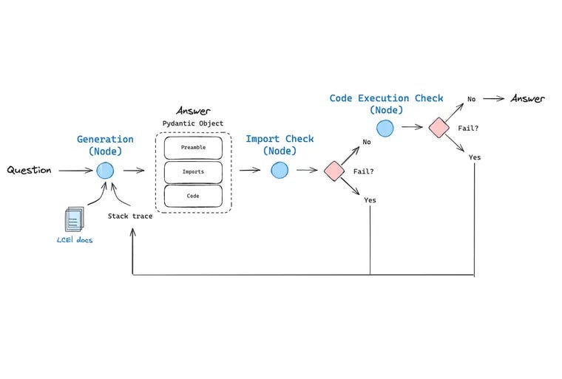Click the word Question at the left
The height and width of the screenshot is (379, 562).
(30, 171)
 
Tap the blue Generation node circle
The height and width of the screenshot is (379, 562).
(105, 171)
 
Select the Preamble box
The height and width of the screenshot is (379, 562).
(193, 147)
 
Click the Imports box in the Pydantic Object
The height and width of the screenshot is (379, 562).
(193, 171)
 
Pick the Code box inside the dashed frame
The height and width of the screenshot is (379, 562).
(193, 196)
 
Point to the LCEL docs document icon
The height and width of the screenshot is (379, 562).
(72, 219)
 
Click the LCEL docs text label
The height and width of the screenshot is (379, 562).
(75, 240)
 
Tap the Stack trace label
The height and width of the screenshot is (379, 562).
(131, 216)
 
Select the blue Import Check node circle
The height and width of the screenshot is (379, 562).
(279, 171)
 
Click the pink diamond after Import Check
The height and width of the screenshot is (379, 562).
(334, 171)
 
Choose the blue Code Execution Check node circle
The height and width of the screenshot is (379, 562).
(385, 129)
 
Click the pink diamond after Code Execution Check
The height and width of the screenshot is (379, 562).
(439, 129)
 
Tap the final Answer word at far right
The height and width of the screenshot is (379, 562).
(527, 99)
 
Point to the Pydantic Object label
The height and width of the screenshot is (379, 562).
(192, 123)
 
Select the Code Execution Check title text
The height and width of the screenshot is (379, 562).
(386, 98)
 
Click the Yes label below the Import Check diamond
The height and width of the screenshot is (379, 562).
(370, 200)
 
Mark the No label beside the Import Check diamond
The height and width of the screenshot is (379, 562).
(366, 142)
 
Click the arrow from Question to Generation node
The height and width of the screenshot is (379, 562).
(75, 171)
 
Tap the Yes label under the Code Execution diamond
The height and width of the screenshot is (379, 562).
(474, 157)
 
